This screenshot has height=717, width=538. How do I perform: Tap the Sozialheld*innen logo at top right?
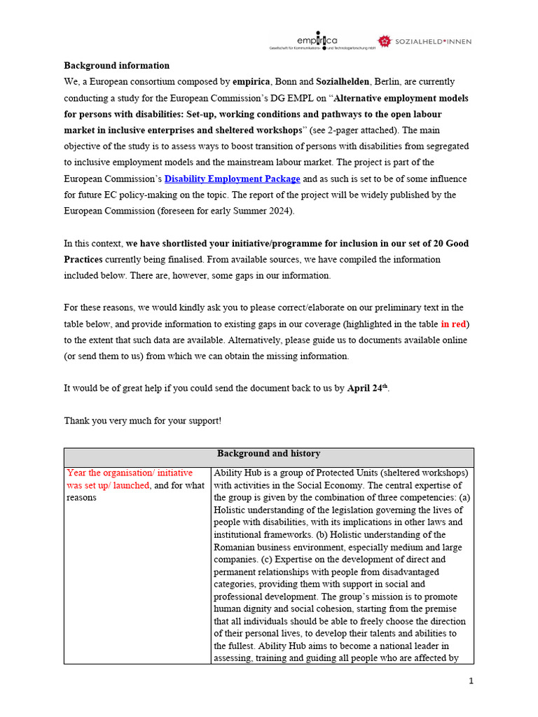click(425, 41)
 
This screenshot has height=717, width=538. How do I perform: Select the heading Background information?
click(117, 66)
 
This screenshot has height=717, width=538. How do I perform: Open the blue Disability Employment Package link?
click(232, 179)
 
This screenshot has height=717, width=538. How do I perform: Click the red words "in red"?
click(454, 324)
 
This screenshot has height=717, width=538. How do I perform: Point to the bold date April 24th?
click(367, 389)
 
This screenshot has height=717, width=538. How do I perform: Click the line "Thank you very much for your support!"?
click(143, 421)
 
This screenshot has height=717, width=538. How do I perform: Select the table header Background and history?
click(268, 454)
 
